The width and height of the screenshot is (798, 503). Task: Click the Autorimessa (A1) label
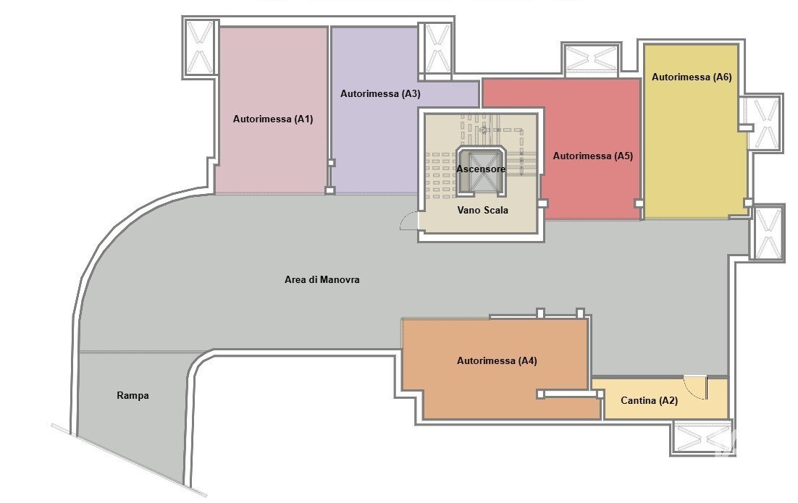[273, 119]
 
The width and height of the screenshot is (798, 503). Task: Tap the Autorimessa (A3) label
[380, 93]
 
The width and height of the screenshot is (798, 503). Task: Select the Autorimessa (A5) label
[593, 156]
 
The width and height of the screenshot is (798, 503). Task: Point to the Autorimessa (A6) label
[692, 77]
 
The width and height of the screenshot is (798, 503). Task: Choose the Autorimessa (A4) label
[497, 360]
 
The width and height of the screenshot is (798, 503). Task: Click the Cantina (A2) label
[649, 401]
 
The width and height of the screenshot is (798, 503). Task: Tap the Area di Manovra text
[322, 280]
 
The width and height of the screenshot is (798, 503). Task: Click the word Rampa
[133, 395]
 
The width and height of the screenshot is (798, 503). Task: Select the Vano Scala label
[482, 210]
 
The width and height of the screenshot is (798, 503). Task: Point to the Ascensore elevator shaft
[481, 171]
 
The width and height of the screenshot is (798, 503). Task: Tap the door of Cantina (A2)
[706, 387]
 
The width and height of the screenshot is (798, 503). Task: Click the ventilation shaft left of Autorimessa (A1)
[200, 47]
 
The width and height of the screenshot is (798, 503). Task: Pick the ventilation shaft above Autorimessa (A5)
[592, 59]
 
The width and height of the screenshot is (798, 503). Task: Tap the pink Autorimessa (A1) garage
[272, 110]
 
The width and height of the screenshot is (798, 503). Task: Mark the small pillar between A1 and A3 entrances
[329, 190]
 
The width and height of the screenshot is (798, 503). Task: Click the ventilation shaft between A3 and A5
[437, 50]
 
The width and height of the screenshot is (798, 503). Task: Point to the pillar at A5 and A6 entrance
[639, 203]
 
